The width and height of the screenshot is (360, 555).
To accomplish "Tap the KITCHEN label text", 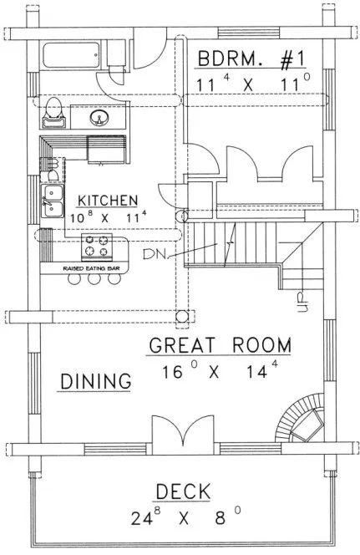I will tap(108, 201).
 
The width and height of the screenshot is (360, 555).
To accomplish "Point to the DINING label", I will tap(97, 381).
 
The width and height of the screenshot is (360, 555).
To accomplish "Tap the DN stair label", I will tap(153, 253).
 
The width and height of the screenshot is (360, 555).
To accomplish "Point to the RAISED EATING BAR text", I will tap(91, 268).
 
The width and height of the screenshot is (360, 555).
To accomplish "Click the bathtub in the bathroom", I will tap(74, 59).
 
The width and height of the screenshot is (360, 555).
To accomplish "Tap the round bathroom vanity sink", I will tap(101, 116).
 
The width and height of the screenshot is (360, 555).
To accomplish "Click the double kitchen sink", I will tap(53, 201).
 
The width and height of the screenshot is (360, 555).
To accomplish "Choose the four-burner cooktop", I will tap(94, 247).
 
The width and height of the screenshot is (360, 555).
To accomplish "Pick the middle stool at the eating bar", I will tap(92, 281).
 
